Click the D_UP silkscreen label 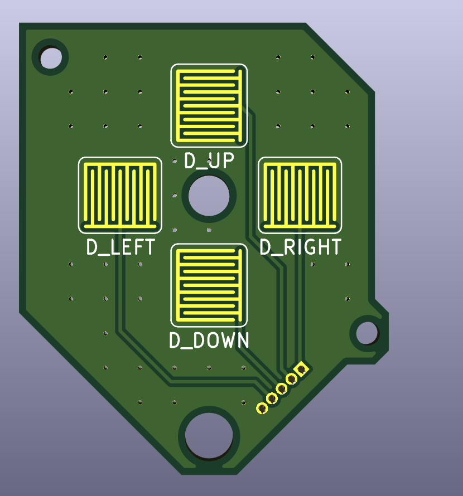point(209,161)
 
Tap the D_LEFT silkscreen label point(120,247)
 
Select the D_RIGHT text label point(301,247)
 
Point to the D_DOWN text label point(209,341)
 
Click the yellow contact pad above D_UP point(209,106)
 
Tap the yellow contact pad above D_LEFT point(120,195)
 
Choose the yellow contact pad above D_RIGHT point(300,195)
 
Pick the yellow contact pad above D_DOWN point(209,285)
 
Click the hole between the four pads point(209,196)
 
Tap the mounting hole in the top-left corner point(50,57)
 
